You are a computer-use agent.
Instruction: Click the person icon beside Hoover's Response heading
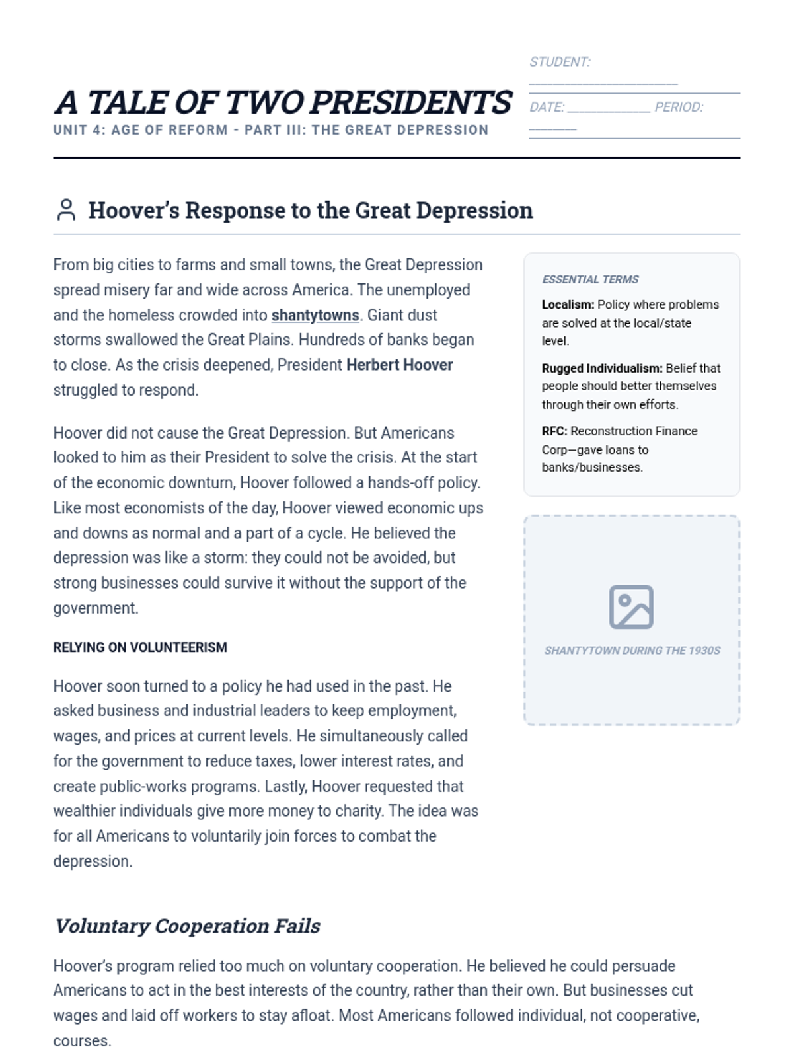[x=66, y=210]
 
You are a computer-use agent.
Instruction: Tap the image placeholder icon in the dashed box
[x=631, y=606]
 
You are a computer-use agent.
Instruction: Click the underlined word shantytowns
[x=315, y=315]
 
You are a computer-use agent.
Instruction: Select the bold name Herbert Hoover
[x=400, y=365]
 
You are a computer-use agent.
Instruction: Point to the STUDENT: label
[x=560, y=62]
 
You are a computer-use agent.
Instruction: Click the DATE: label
[x=547, y=107]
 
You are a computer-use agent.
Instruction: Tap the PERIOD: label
[x=679, y=107]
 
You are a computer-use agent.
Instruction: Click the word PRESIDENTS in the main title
[x=411, y=102]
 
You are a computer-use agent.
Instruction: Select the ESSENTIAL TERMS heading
[x=590, y=279]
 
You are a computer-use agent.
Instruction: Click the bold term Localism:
[x=568, y=305]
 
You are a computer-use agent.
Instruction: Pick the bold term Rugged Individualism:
[x=601, y=368]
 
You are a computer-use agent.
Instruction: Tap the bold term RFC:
[x=554, y=431]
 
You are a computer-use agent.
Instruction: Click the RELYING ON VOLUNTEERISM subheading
[x=140, y=647]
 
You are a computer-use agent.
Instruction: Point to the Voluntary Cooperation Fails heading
[x=187, y=926]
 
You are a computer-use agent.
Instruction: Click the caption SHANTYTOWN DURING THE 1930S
[x=632, y=651]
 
